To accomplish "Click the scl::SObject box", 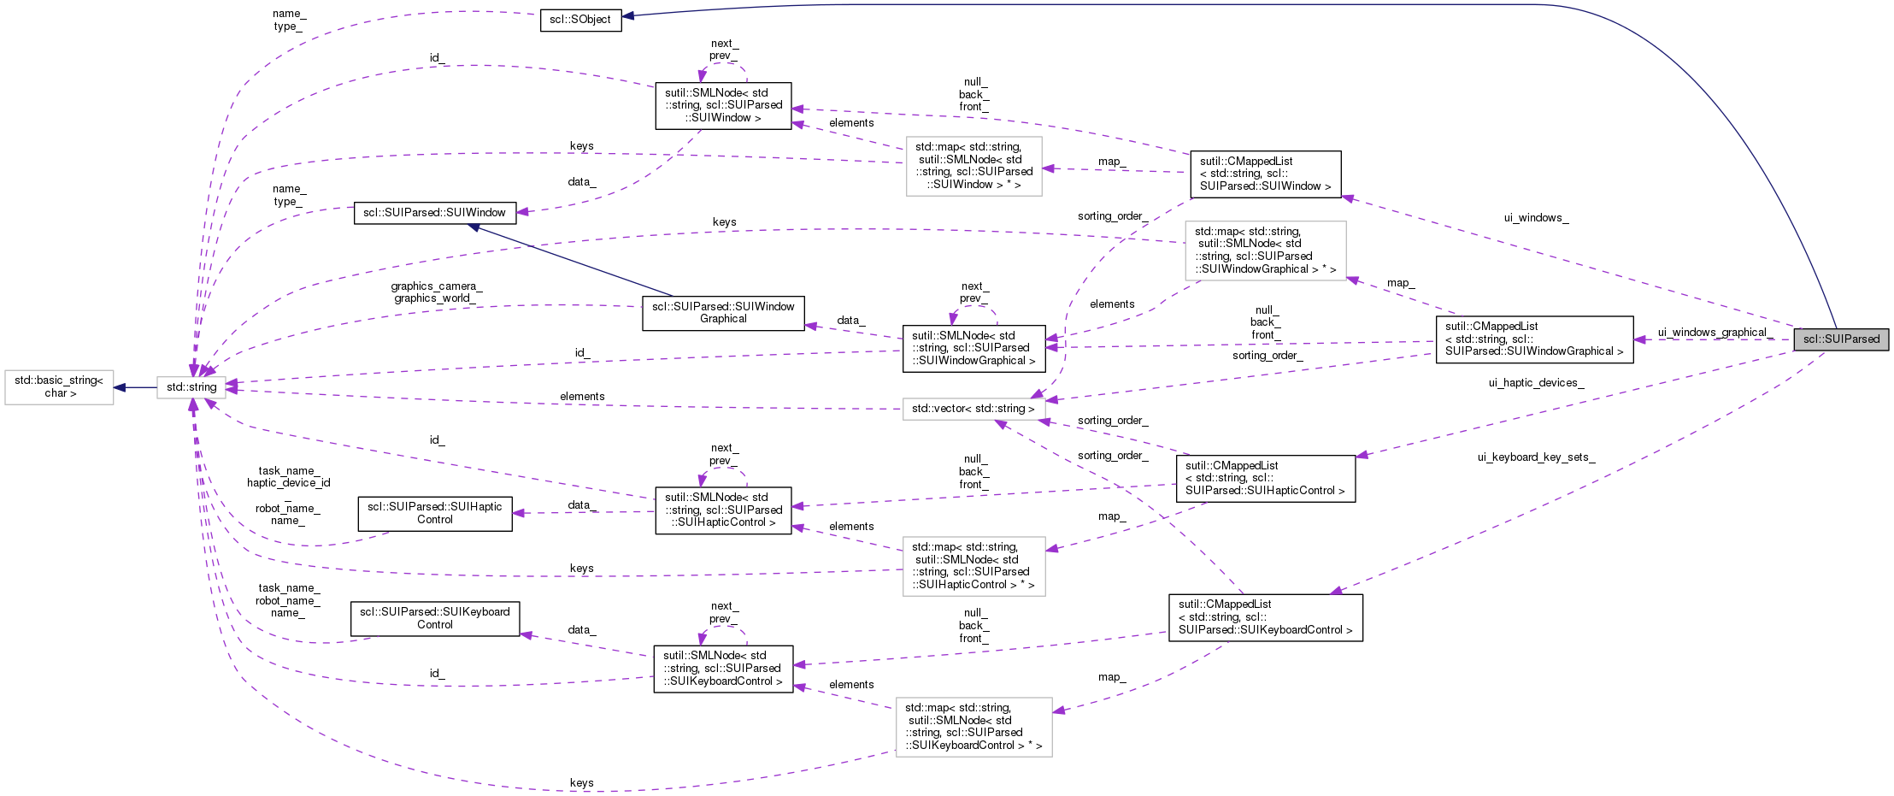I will point(580,20).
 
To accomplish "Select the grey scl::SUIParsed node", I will point(1841,339).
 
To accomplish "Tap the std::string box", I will point(191,387).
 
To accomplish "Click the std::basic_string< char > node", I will point(59,386).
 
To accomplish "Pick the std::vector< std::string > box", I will point(973,409).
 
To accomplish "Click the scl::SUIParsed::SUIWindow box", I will point(434,212).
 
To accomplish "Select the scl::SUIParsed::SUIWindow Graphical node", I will point(723,313).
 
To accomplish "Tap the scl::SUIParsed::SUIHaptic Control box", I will point(434,513).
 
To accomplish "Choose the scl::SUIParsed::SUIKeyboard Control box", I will point(434,618).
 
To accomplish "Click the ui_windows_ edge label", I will point(1536,218).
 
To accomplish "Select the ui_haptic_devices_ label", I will point(1536,383).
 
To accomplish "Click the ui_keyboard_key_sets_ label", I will point(1536,457).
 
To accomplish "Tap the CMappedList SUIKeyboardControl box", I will point(1265,617).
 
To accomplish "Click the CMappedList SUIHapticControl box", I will point(1265,478).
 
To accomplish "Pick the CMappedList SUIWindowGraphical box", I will point(1534,339).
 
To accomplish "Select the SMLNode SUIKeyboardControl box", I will point(723,669).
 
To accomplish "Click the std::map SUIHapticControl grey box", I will point(973,566).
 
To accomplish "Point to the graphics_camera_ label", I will point(436,286).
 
